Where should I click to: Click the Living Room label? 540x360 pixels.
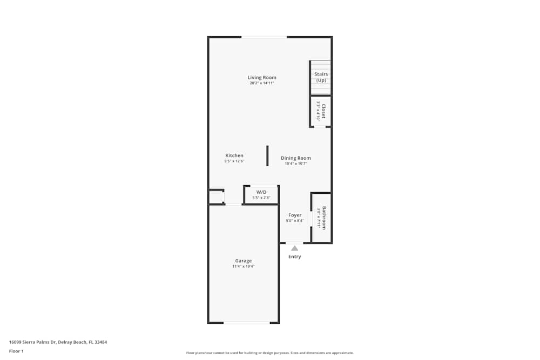(262, 78)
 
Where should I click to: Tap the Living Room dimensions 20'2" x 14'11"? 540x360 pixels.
(262, 84)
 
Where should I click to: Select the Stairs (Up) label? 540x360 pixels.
(321, 77)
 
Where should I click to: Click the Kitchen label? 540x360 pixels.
(234, 155)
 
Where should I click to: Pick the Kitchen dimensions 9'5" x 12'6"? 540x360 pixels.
(234, 161)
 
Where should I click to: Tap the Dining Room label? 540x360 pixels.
(296, 158)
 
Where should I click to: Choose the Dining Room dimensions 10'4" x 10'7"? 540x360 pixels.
(296, 164)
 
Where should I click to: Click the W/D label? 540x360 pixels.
(261, 192)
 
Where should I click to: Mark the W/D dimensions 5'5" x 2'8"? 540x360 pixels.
(261, 198)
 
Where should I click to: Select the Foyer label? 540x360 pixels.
(295, 215)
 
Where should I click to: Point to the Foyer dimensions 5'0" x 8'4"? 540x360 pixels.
(295, 221)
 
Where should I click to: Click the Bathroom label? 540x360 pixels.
(324, 218)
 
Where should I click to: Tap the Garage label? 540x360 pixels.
(243, 261)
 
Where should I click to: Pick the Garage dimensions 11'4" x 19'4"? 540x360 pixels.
(243, 267)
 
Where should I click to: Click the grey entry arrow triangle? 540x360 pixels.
(294, 248)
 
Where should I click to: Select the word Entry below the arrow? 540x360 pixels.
(294, 256)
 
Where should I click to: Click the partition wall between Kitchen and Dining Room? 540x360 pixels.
(267, 155)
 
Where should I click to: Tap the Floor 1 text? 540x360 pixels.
(16, 351)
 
